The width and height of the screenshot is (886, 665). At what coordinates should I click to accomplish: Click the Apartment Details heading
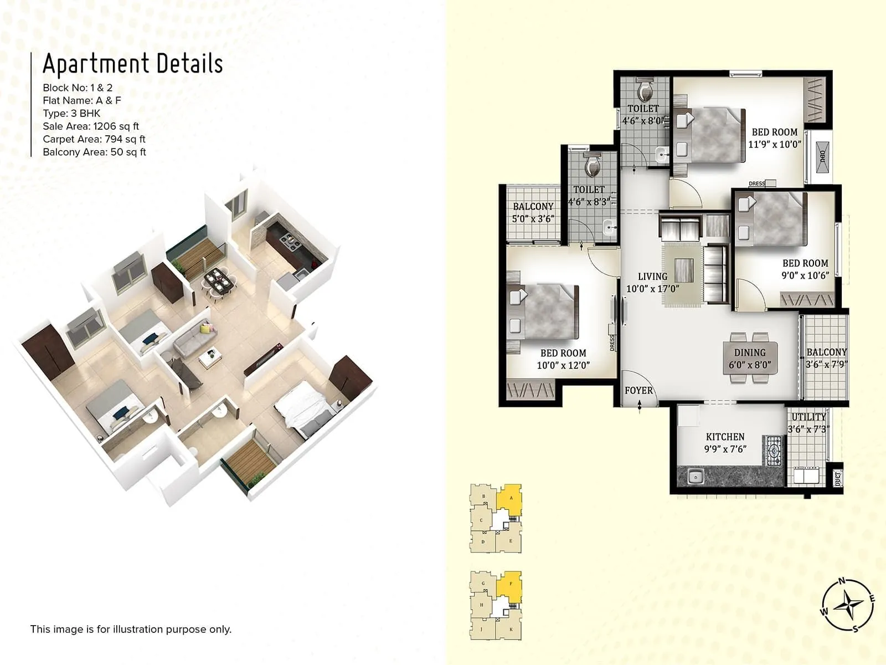tap(133, 64)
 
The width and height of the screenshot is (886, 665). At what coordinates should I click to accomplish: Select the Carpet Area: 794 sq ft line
tap(94, 139)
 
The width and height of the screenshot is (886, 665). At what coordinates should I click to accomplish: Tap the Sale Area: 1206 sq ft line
tap(91, 126)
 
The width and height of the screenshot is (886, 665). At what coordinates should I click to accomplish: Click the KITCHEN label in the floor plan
tap(725, 437)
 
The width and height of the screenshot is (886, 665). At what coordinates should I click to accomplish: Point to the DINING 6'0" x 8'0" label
tap(750, 359)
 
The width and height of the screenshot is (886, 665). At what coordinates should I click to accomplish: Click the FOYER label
tap(638, 391)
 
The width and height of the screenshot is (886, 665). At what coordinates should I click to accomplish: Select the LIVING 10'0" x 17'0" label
tap(652, 283)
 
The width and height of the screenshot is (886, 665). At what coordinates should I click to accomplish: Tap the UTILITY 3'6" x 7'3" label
tap(808, 423)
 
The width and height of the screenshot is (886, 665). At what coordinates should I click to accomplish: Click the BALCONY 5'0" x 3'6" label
tap(533, 213)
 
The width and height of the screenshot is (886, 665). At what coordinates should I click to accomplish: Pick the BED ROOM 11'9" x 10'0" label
tap(774, 138)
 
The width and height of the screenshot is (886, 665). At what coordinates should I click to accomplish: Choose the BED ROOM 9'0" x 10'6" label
tap(805, 269)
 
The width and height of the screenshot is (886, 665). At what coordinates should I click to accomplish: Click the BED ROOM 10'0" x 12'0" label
tap(563, 359)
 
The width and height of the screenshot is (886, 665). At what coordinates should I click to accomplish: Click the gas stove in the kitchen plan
tap(774, 449)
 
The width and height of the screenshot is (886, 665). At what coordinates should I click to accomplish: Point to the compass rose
tap(848, 605)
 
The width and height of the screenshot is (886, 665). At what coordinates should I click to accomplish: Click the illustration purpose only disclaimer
tap(131, 629)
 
